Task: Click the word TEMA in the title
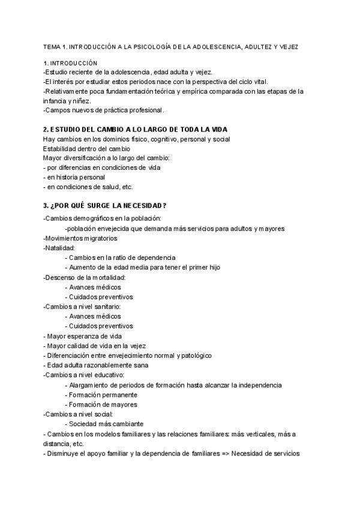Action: [x=53, y=46]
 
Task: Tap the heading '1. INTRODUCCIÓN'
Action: [x=70, y=63]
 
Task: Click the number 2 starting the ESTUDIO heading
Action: [x=46, y=130]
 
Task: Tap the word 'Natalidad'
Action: [x=59, y=247]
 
